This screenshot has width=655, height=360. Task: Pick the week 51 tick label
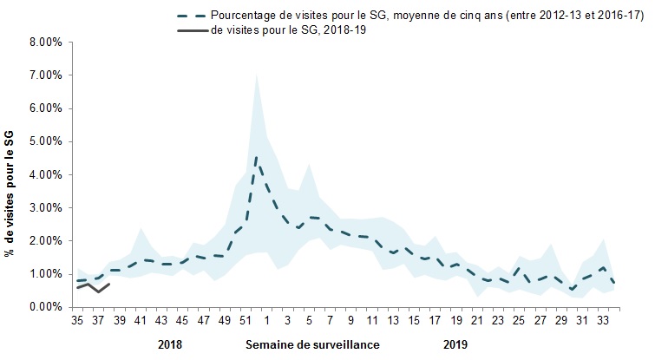pyautogui.click(x=246, y=319)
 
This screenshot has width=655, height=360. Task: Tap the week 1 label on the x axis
pyautogui.click(x=266, y=319)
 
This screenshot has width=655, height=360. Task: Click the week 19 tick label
pyautogui.click(x=454, y=319)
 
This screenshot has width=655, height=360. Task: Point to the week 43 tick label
pyautogui.click(x=162, y=319)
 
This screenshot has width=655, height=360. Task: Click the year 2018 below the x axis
pyautogui.click(x=171, y=344)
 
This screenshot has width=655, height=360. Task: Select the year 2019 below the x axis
pyautogui.click(x=455, y=344)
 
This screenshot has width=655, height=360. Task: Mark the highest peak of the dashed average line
pyautogui.click(x=256, y=158)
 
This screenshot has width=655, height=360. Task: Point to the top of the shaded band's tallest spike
pyautogui.click(x=256, y=75)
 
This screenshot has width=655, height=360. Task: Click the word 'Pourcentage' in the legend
pyautogui.click(x=246, y=15)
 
